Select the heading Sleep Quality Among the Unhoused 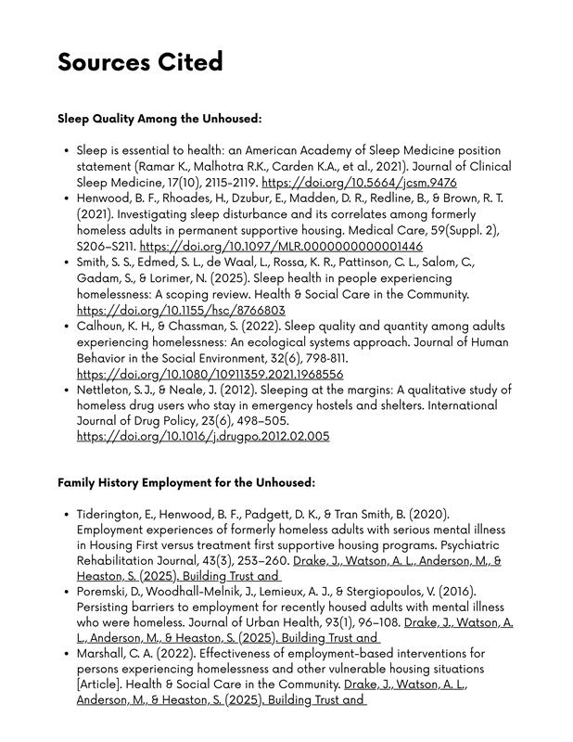(159, 119)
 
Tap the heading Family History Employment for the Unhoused (186, 482)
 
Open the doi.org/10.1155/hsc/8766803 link (181, 311)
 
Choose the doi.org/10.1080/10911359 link (210, 374)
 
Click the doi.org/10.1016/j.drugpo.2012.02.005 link (202, 436)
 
